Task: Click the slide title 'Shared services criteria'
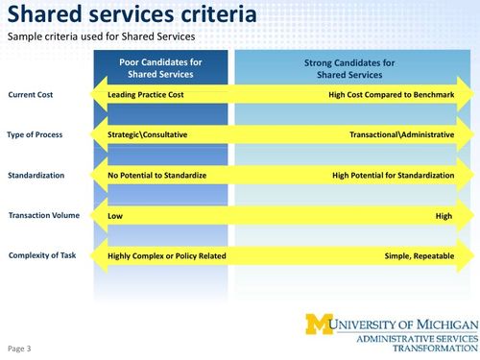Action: click(x=132, y=15)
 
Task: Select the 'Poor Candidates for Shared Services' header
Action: click(x=162, y=68)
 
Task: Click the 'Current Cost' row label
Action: click(x=31, y=95)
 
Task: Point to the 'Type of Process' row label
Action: click(x=36, y=134)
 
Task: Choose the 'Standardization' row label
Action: click(x=36, y=176)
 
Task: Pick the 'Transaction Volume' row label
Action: click(x=41, y=215)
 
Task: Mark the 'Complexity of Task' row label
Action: click(x=39, y=255)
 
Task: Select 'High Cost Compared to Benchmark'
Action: click(x=391, y=95)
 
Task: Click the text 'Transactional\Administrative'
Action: click(x=401, y=135)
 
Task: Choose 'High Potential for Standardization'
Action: click(x=393, y=176)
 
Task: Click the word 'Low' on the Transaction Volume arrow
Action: click(x=115, y=216)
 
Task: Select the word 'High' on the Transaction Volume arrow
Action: click(x=444, y=216)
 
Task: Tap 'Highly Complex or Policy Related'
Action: click(x=167, y=256)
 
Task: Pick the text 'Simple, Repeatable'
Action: click(x=418, y=256)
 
